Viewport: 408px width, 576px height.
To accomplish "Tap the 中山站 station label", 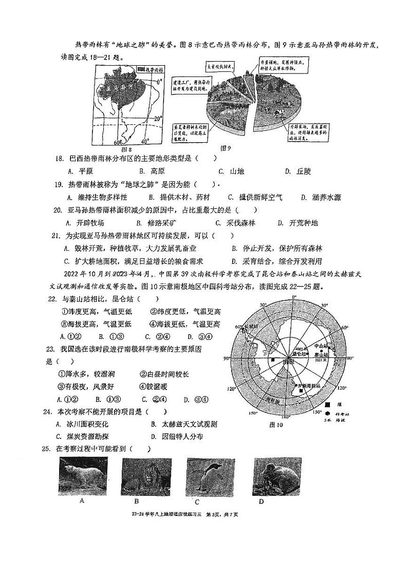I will (x=321, y=345).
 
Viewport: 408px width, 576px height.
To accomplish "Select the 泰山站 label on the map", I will (x=322, y=354).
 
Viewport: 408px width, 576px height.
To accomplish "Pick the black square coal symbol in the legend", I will (x=335, y=406).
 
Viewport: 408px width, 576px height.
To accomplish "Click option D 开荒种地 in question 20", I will (x=298, y=223).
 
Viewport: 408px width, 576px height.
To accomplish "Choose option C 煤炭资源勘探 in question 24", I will (x=82, y=436).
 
